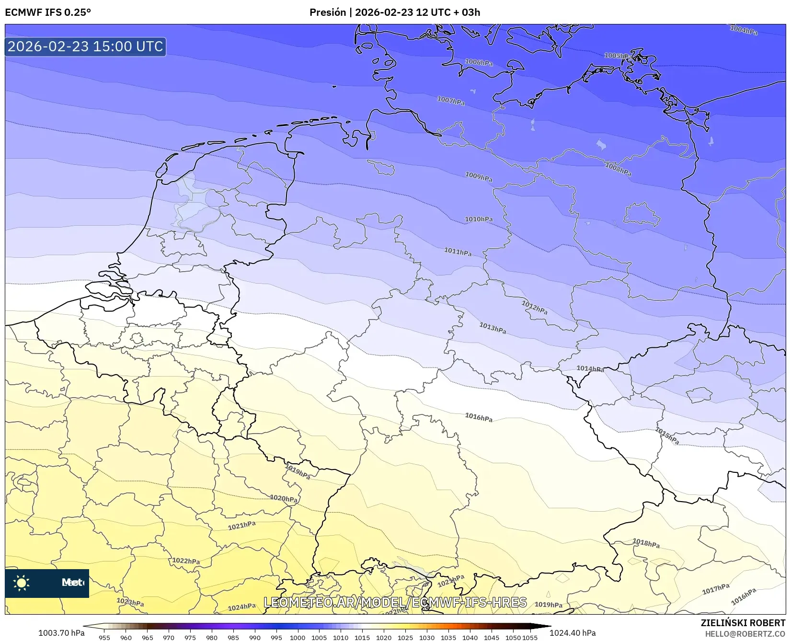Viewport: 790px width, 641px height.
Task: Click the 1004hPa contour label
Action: click(744, 30)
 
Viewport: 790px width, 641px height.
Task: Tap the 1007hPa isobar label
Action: click(451, 101)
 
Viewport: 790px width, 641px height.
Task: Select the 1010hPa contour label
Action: click(479, 219)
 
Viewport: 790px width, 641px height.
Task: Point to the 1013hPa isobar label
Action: click(492, 328)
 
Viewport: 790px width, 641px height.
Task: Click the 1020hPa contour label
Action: click(284, 498)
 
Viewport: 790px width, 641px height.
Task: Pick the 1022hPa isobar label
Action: click(186, 561)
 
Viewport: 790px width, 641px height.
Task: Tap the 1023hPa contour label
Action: click(130, 602)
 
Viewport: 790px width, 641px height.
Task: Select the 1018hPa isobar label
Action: click(646, 543)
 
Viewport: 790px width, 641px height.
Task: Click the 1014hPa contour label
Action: click(590, 368)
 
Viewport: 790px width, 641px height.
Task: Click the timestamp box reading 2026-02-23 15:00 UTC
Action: click(85, 46)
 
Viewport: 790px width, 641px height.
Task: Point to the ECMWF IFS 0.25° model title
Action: click(48, 12)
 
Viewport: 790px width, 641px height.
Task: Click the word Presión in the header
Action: click(328, 12)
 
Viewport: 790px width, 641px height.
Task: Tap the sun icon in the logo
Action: click(22, 583)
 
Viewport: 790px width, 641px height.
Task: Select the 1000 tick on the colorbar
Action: click(297, 637)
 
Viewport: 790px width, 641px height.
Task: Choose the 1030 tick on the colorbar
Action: click(426, 637)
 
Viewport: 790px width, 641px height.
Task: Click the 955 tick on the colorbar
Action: click(104, 637)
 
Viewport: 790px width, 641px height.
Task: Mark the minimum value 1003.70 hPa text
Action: click(61, 632)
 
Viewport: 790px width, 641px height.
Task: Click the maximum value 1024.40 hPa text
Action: click(572, 632)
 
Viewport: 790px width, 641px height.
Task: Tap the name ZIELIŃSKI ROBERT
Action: click(743, 623)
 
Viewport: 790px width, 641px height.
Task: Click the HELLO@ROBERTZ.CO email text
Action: click(745, 634)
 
